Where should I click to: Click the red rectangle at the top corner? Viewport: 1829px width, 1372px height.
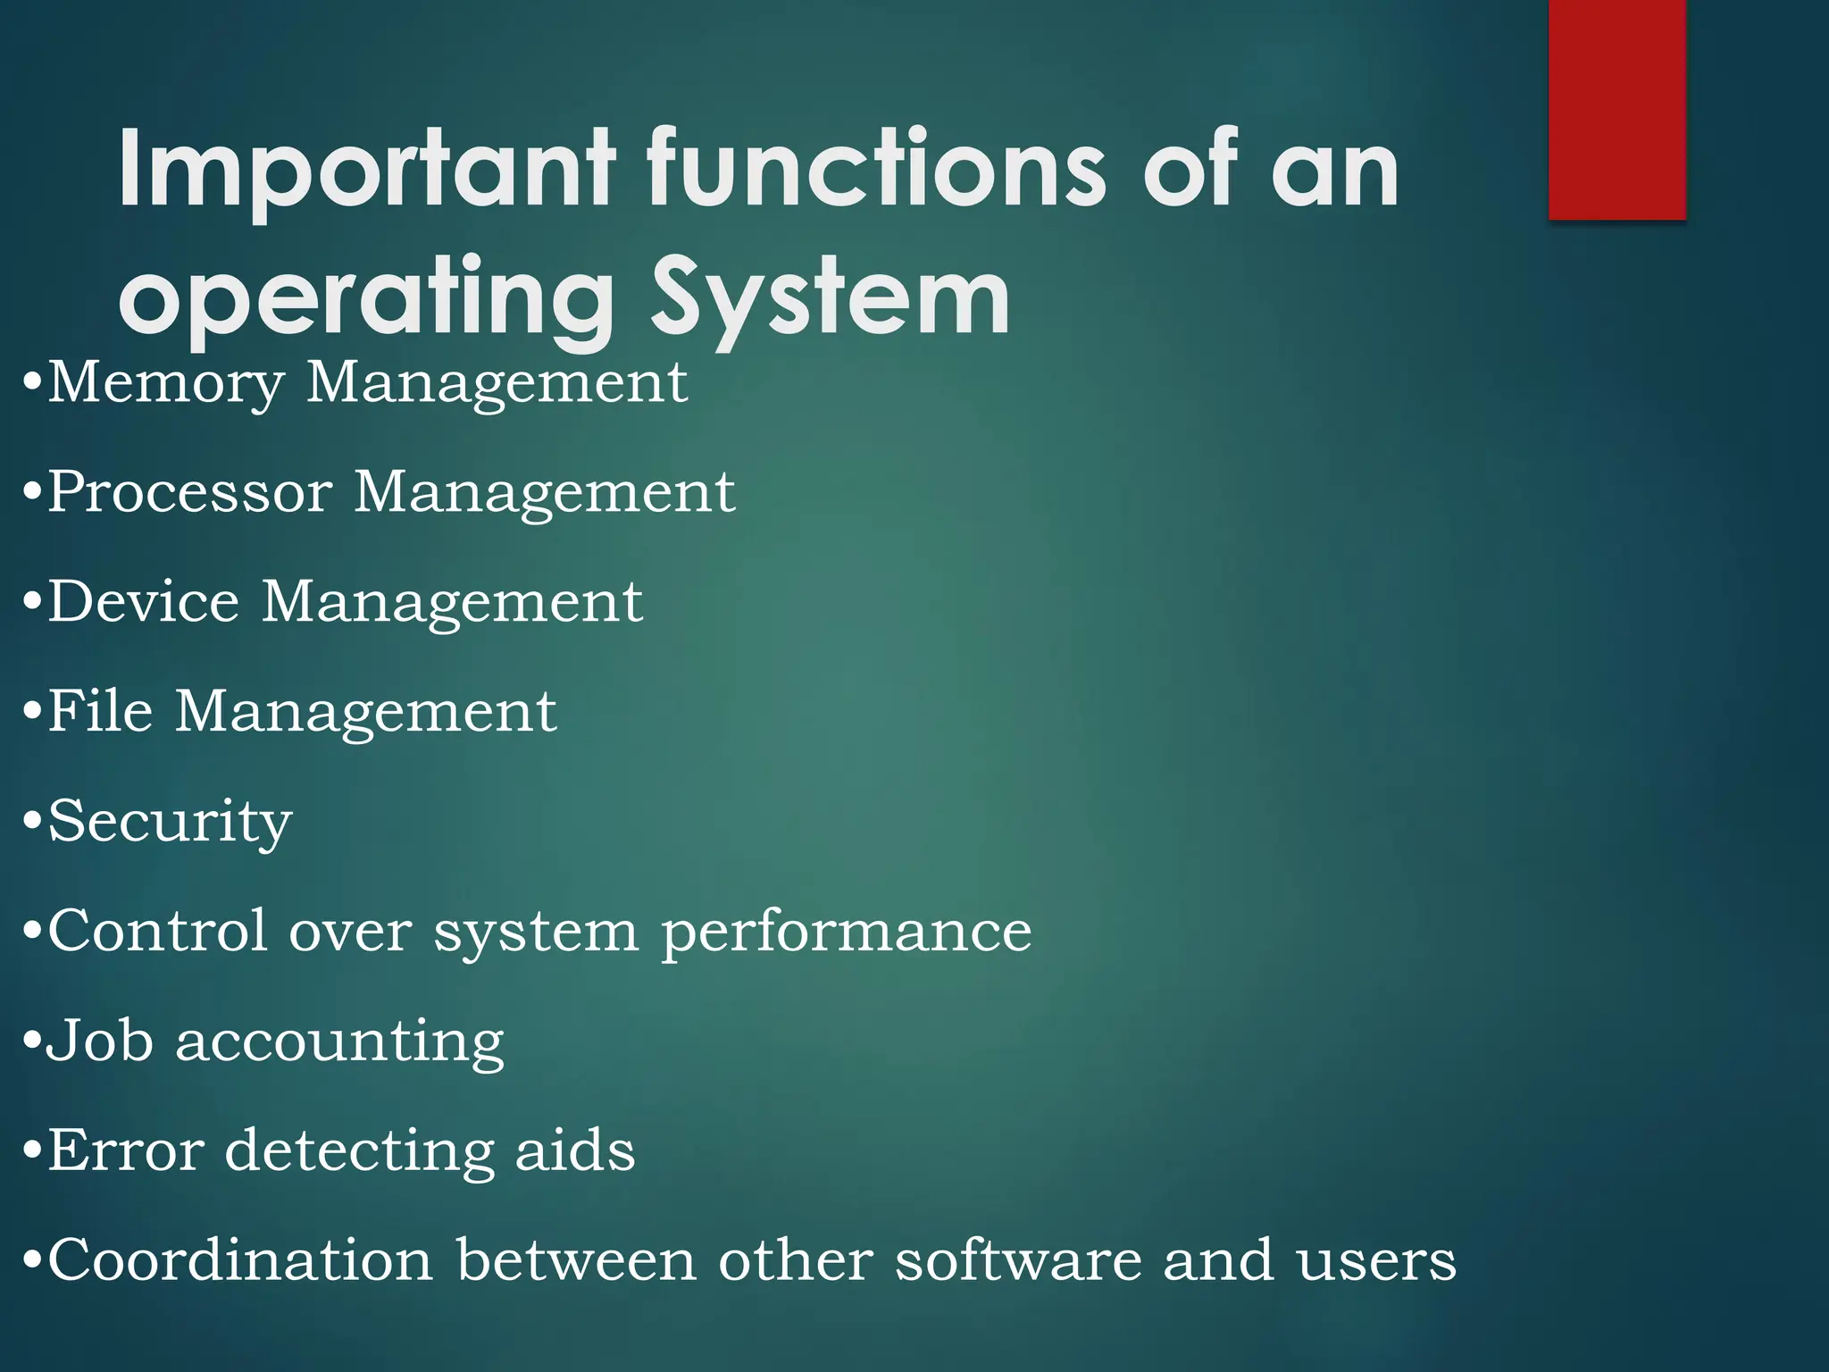pyautogui.click(x=1616, y=109)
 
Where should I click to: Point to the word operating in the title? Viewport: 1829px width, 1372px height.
pyautogui.click(x=365, y=299)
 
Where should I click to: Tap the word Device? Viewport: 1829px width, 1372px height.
pyautogui.click(x=144, y=601)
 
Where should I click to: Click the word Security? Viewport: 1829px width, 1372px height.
pyautogui.click(x=170, y=822)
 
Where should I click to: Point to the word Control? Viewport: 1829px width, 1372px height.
pyautogui.click(x=157, y=931)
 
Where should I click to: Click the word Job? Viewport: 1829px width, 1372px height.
pyautogui.click(x=99, y=1041)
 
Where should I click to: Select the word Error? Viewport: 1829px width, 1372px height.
pyautogui.click(x=125, y=1150)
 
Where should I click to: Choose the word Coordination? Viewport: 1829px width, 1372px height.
pyautogui.click(x=240, y=1260)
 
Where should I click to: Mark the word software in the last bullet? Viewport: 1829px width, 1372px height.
pyautogui.click(x=1018, y=1260)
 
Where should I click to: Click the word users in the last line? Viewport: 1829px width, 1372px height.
pyautogui.click(x=1376, y=1262)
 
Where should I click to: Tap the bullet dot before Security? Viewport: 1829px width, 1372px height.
pyautogui.click(x=32, y=822)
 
